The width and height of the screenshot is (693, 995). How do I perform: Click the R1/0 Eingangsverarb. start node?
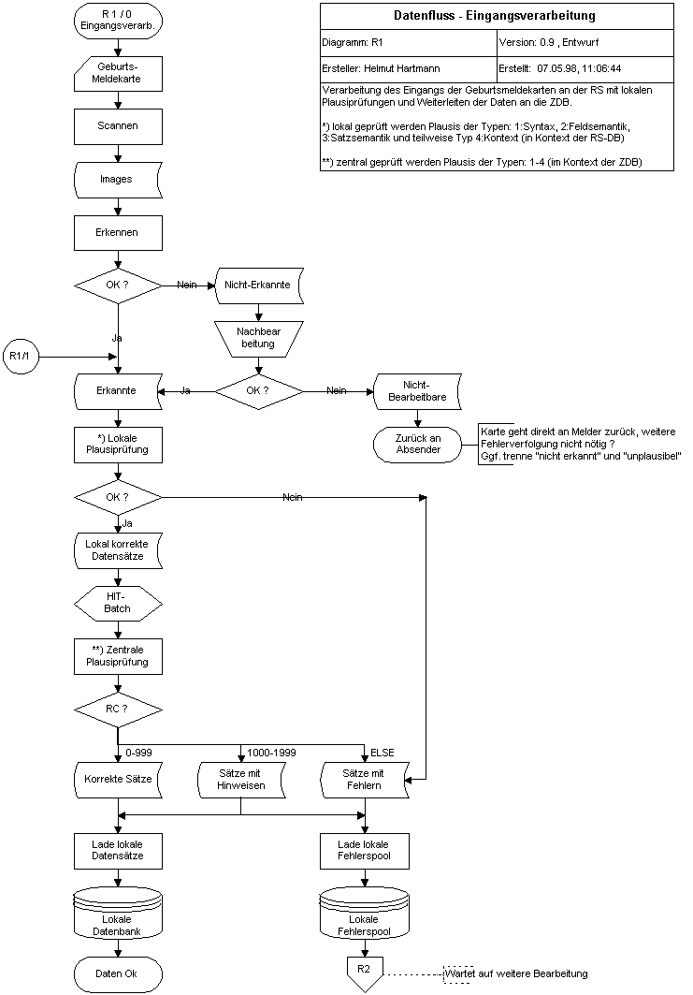[x=118, y=21]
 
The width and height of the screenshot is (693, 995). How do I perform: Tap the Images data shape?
[x=118, y=178]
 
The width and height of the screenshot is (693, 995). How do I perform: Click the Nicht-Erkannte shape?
[x=258, y=285]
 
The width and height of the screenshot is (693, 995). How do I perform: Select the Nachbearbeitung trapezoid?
[x=259, y=338]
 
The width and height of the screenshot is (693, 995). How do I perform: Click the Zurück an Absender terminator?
[x=418, y=444]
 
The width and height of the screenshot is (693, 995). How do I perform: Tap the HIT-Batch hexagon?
[x=118, y=602]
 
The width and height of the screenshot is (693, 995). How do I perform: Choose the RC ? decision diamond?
[x=118, y=709]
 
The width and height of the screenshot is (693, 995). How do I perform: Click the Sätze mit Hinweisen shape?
[x=241, y=779]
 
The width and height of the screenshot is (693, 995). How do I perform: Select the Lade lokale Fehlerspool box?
[x=365, y=850]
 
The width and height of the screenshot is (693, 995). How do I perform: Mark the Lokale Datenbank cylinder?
[x=118, y=913]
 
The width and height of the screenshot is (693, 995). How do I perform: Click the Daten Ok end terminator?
[x=118, y=973]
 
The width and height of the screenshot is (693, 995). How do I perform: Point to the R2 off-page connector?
[x=365, y=972]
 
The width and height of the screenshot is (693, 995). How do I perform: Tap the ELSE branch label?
[x=383, y=753]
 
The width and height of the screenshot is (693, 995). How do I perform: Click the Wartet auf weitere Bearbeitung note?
[x=517, y=974]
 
